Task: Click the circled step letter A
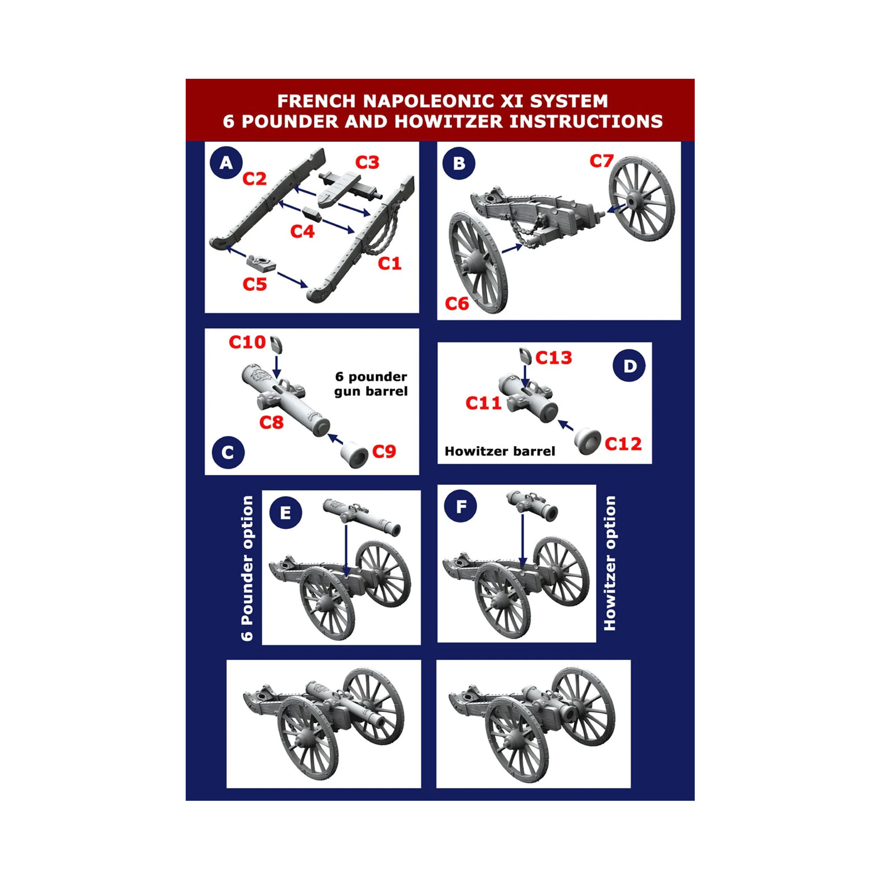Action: click(x=226, y=163)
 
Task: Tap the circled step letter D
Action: click(x=630, y=366)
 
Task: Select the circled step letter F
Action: click(x=461, y=506)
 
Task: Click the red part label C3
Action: click(x=367, y=163)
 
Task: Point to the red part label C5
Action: click(x=255, y=284)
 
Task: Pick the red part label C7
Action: click(x=601, y=161)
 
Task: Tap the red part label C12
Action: click(x=623, y=444)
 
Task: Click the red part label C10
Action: click(x=247, y=342)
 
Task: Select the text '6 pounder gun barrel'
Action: click(x=371, y=384)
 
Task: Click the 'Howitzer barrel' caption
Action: click(x=500, y=451)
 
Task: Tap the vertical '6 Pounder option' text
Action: click(x=247, y=568)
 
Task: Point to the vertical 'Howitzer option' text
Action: click(x=610, y=563)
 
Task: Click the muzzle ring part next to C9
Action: click(x=355, y=454)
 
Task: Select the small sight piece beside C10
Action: click(x=276, y=344)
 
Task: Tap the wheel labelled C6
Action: click(x=478, y=262)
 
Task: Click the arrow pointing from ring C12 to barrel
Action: click(x=566, y=425)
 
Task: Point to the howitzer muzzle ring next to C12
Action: click(x=587, y=441)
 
